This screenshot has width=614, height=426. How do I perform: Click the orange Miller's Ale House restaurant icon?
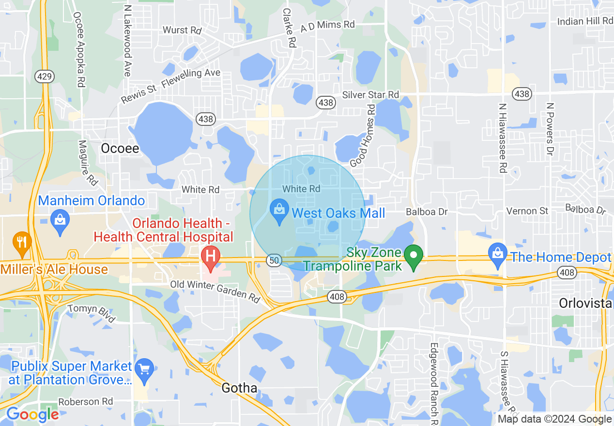[21, 242]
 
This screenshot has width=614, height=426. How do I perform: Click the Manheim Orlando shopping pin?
[60, 221]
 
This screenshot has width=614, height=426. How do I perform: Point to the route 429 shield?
[44, 76]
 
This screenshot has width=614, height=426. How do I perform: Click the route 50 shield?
[274, 260]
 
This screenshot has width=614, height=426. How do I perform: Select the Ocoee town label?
[120, 148]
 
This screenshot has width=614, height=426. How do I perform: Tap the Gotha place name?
[239, 388]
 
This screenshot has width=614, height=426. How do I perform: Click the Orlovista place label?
[585, 303]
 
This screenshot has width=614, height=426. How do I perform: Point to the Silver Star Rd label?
[370, 94]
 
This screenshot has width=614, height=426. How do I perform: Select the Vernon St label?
[527, 211]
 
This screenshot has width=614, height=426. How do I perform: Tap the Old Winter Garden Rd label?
[215, 290]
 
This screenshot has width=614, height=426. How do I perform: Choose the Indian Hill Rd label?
[585, 21]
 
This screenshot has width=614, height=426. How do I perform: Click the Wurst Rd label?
[182, 30]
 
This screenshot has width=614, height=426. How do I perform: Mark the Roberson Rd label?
[85, 402]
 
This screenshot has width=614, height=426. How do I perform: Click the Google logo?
[32, 414]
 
